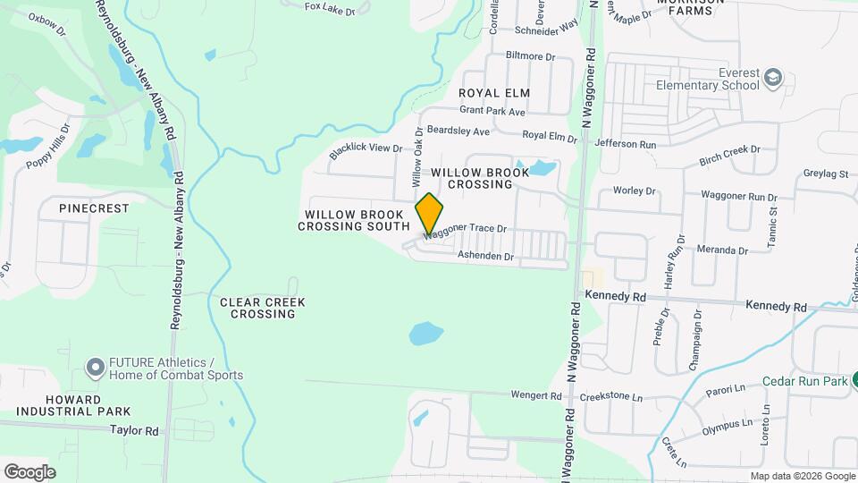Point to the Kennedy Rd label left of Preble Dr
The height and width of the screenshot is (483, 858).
(x=615, y=295)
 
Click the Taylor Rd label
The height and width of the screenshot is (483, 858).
(x=134, y=430)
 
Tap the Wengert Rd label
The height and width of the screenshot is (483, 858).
(x=536, y=395)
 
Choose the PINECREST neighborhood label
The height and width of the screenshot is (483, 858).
(x=94, y=208)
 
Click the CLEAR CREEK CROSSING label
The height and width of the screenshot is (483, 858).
(x=263, y=308)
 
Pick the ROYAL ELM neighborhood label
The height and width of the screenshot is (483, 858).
(x=494, y=93)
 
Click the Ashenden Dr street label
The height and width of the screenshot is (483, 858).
(x=486, y=257)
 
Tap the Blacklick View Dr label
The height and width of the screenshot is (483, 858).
(x=366, y=150)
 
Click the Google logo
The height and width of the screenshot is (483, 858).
(x=29, y=471)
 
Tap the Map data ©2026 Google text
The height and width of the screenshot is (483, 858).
(x=802, y=476)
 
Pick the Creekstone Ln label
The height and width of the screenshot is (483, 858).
(x=611, y=395)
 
